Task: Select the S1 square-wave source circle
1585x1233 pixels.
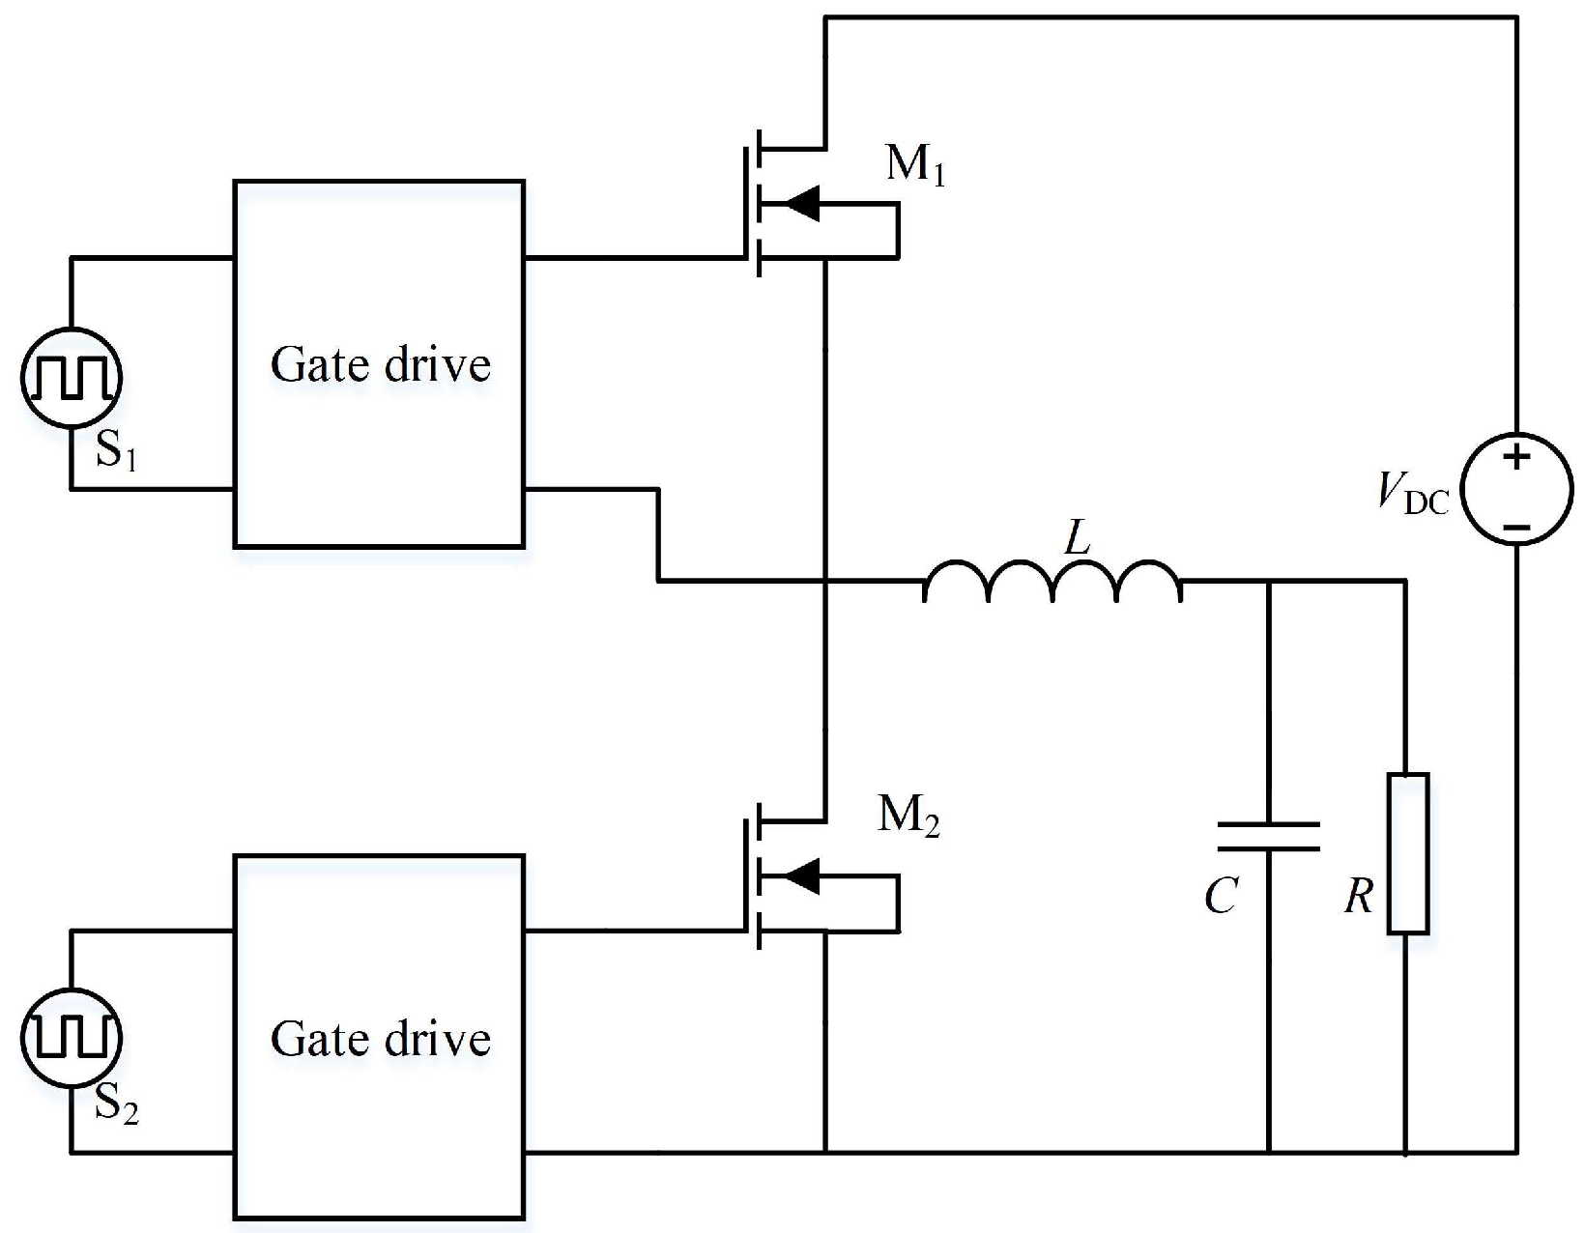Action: point(71,377)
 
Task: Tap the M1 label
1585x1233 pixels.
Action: point(914,166)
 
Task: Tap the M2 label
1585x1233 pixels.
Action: point(908,817)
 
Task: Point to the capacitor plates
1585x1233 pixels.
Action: point(1268,836)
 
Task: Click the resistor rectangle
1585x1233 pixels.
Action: point(1407,853)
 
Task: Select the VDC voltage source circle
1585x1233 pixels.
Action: point(1516,489)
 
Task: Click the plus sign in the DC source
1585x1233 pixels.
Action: point(1516,456)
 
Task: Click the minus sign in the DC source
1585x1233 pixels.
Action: point(1516,527)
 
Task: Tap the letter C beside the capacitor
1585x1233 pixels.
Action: point(1221,897)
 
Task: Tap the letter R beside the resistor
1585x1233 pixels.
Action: point(1358,897)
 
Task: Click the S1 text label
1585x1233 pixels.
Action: point(116,451)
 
